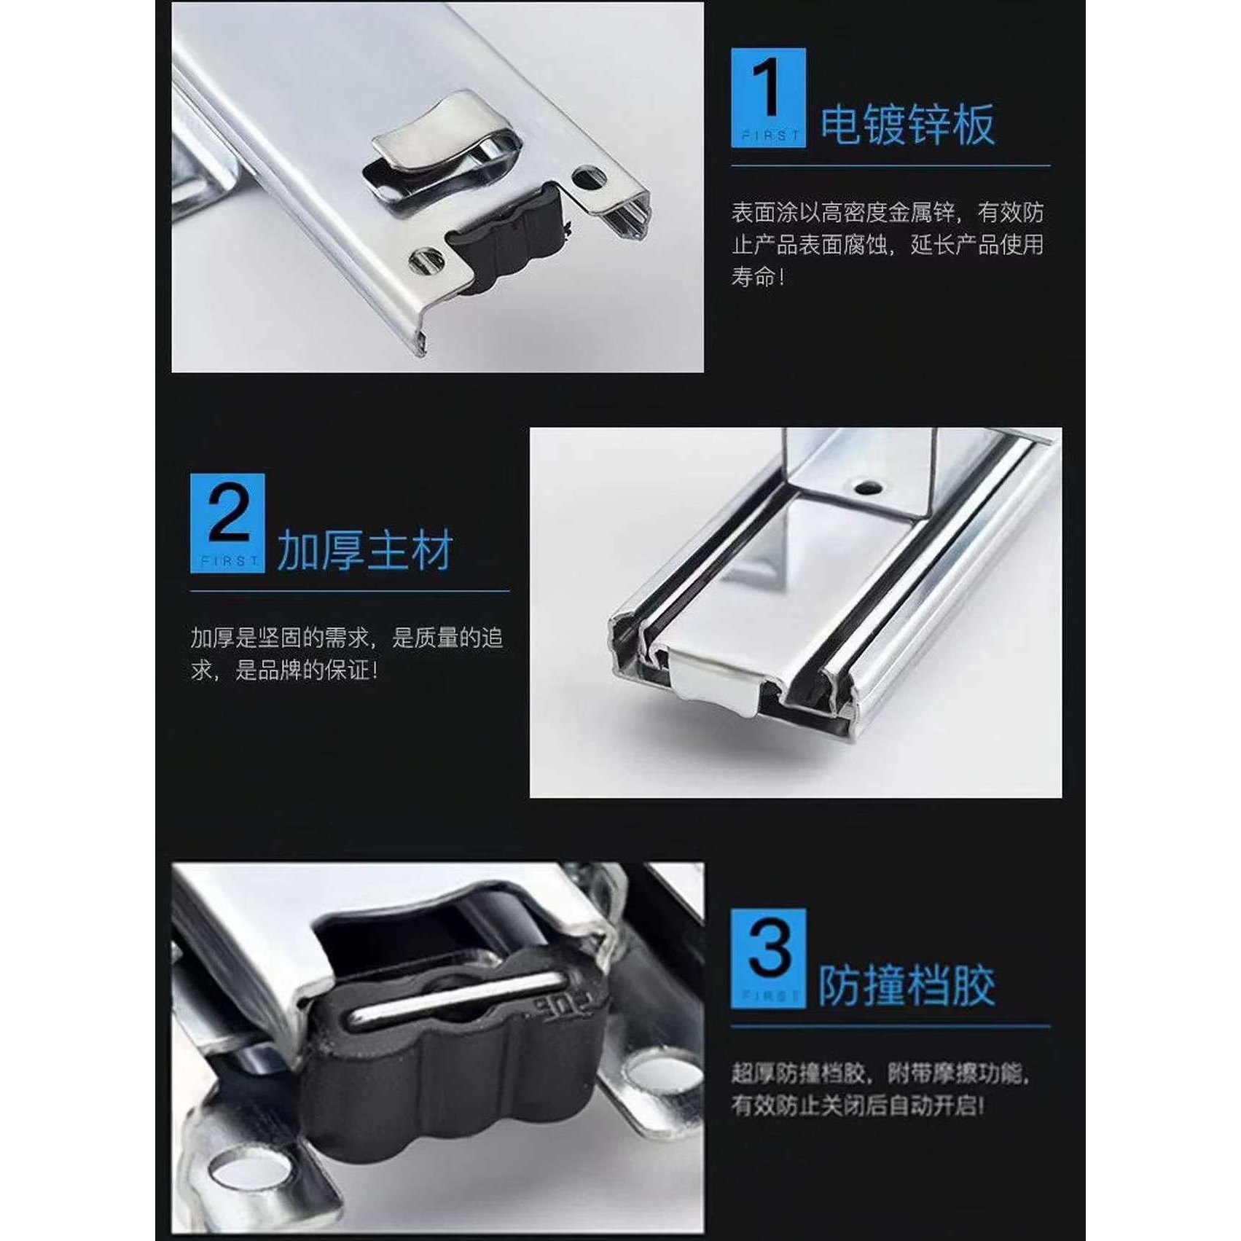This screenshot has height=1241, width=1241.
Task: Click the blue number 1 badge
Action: pos(768,98)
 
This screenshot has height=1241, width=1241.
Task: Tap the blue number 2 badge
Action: pos(227,522)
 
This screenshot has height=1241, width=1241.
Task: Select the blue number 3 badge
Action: pos(768,958)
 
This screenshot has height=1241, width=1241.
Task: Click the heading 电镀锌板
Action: pos(907,125)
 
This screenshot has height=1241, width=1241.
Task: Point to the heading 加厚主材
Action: pos(365,550)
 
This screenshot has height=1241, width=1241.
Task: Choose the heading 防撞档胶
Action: pos(907,986)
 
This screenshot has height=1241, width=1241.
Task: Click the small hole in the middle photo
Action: pos(867,486)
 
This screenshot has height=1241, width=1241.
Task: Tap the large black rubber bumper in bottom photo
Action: pos(452,1071)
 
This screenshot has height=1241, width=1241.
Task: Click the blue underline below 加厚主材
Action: pos(350,591)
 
